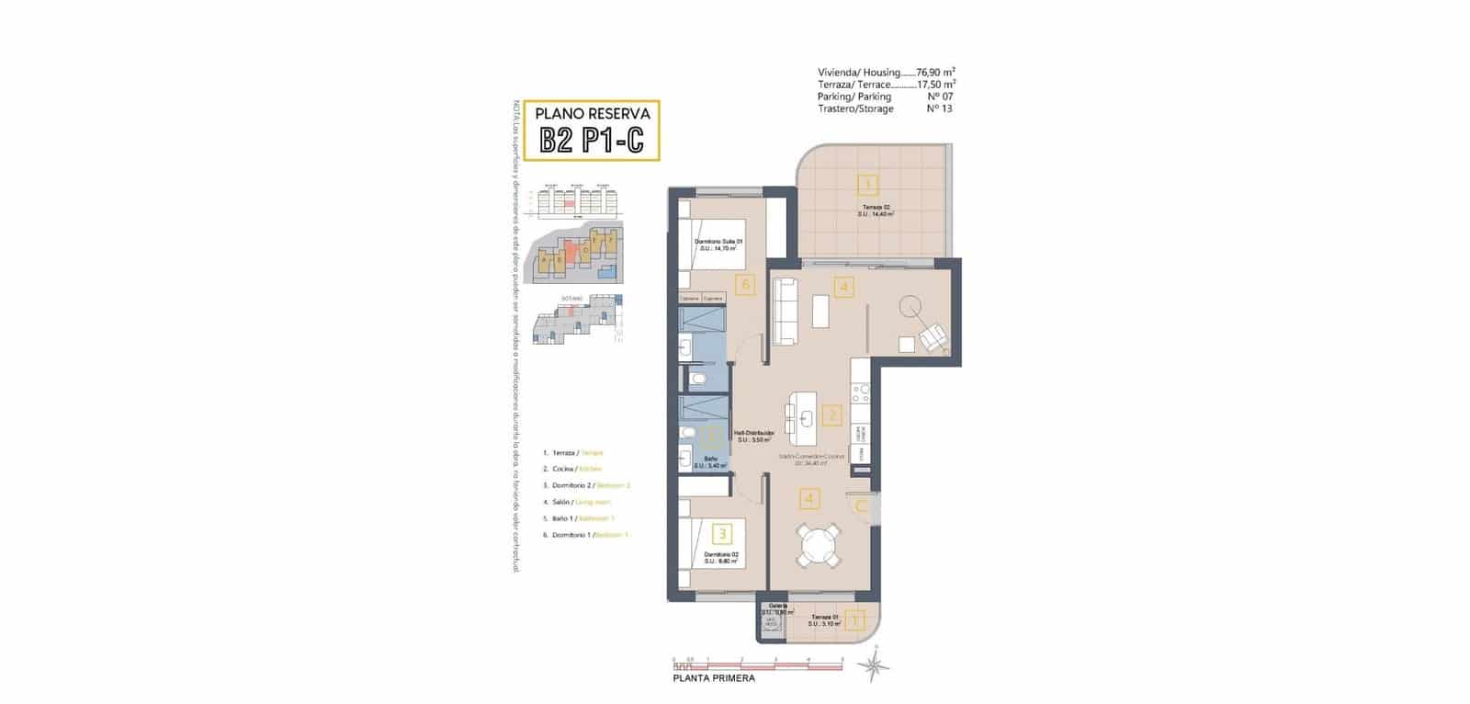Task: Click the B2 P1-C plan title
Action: pyautogui.click(x=592, y=141)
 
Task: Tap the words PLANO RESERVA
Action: pyautogui.click(x=593, y=114)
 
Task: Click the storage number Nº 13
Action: pyautogui.click(x=939, y=108)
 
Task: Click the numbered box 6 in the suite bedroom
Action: pyautogui.click(x=745, y=285)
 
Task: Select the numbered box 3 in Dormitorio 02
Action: pyautogui.click(x=723, y=532)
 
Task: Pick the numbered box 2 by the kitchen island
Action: pyautogui.click(x=831, y=415)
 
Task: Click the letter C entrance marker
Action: pyautogui.click(x=862, y=505)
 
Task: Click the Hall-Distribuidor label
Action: pyautogui.click(x=753, y=432)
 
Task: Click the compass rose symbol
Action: pyautogui.click(x=869, y=665)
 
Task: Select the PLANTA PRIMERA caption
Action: pyautogui.click(x=714, y=678)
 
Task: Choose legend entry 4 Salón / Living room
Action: pyautogui.click(x=576, y=502)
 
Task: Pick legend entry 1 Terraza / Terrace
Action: pyautogui.click(x=572, y=452)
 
